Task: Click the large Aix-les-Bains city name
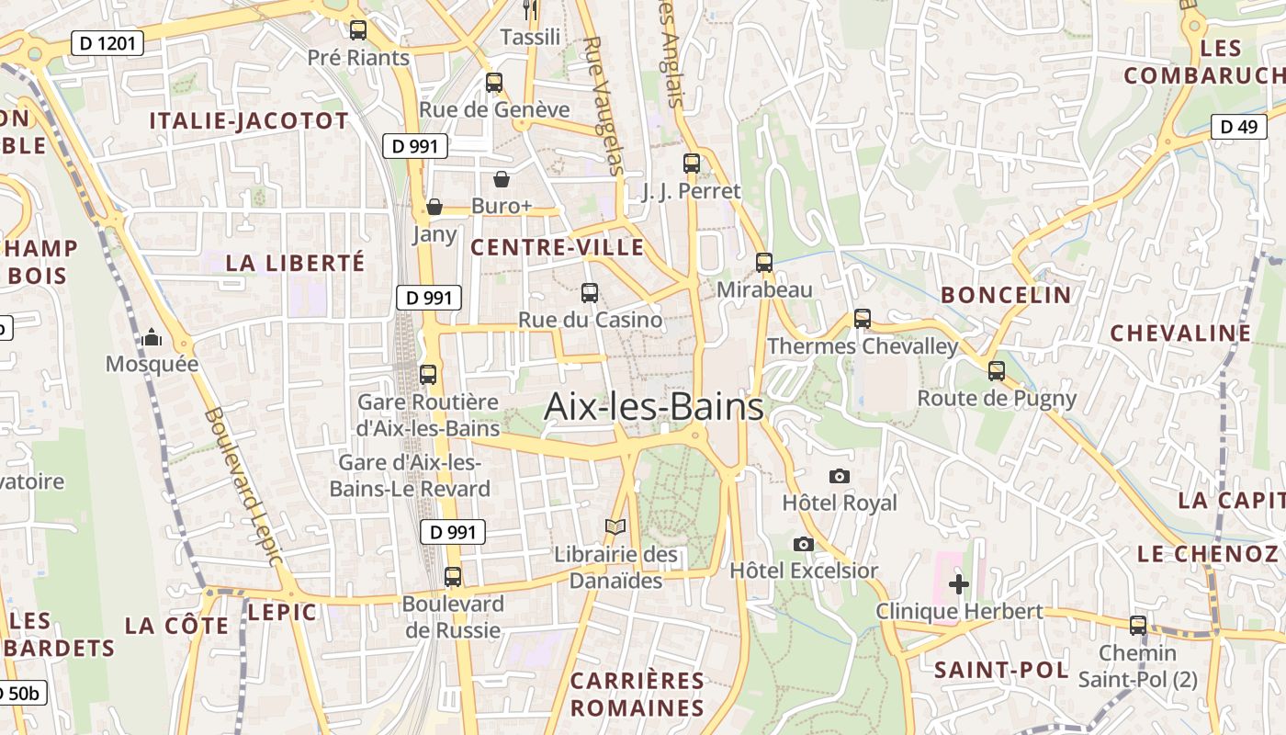click(x=653, y=407)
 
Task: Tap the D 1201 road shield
click(x=107, y=42)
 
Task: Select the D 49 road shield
click(x=1238, y=127)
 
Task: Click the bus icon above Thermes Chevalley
click(x=862, y=319)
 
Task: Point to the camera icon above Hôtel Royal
click(x=839, y=476)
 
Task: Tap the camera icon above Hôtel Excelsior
click(x=804, y=544)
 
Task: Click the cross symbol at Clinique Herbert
click(x=959, y=584)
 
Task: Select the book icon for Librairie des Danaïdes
click(x=615, y=527)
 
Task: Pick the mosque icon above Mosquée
click(x=152, y=338)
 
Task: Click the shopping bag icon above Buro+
click(x=502, y=179)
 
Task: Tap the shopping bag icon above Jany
click(x=434, y=207)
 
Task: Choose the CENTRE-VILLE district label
click(x=558, y=248)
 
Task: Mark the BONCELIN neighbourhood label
click(x=1006, y=295)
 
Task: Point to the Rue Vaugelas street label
click(x=604, y=106)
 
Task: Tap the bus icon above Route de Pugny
click(x=997, y=371)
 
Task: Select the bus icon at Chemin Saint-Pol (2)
click(x=1138, y=626)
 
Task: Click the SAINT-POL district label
click(x=1001, y=670)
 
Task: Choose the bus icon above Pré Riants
click(x=358, y=30)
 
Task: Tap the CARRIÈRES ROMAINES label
click(x=637, y=695)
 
